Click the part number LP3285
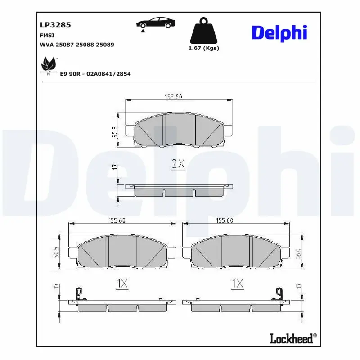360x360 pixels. click(x=56, y=26)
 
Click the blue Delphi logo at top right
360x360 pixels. click(x=279, y=32)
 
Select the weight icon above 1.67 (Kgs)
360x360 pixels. click(x=203, y=31)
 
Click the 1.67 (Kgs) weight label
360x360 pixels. click(x=203, y=48)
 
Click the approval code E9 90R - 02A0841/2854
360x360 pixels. click(x=95, y=74)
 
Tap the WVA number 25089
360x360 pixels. click(x=105, y=45)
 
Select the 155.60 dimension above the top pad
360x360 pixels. click(x=173, y=96)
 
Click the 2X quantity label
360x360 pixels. click(x=179, y=164)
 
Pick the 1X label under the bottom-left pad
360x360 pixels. click(x=122, y=283)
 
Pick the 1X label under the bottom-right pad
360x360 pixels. click(x=237, y=283)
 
